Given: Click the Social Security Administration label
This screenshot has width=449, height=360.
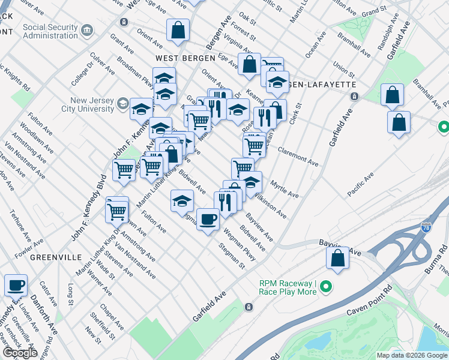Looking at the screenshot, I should pos(50,31).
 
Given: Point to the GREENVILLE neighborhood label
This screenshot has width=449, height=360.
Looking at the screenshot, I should pos(56,257).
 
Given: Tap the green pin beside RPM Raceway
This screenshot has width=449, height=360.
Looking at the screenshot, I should pos(326,288).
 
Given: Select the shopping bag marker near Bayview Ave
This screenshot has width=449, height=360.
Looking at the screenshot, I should pos(337,259).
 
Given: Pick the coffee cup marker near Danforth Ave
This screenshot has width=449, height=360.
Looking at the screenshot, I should pos(16,285).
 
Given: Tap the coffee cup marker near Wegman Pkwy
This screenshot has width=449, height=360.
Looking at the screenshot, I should pos(208,219).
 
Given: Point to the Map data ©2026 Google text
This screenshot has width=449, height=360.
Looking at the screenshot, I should pos(412,355).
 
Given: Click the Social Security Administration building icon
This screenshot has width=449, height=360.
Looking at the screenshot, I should pos(88,31).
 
